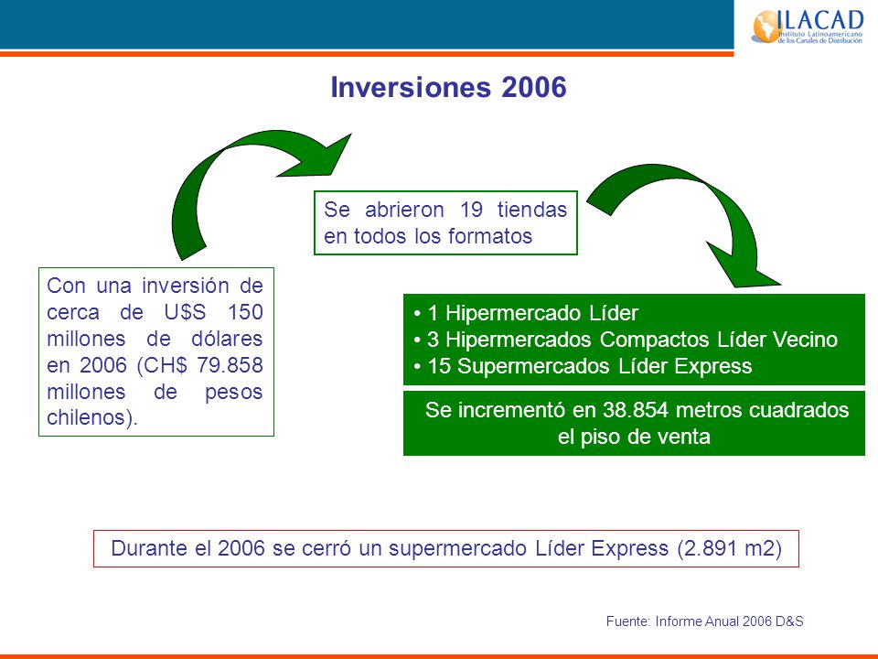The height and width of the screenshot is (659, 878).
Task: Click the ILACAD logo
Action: pyautogui.click(x=807, y=26)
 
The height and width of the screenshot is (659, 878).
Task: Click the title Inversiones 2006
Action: pyautogui.click(x=448, y=88)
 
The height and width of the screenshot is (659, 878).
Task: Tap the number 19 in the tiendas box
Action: pyautogui.click(x=471, y=210)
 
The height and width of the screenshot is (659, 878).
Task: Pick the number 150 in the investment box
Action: pyautogui.click(x=245, y=312)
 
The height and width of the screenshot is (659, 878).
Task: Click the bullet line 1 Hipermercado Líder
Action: pyautogui.click(x=527, y=313)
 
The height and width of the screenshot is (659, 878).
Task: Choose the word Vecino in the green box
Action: pyautogui.click(x=805, y=340)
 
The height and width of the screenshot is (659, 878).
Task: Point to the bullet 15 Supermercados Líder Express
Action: pyautogui.click(x=583, y=366)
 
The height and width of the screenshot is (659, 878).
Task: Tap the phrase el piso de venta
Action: pyautogui.click(x=634, y=437)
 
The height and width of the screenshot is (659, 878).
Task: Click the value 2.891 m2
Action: pyautogui.click(x=730, y=548)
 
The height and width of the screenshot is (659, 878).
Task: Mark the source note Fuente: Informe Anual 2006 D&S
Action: pyautogui.click(x=704, y=621)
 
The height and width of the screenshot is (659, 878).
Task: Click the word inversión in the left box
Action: pyautogui.click(x=186, y=286)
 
